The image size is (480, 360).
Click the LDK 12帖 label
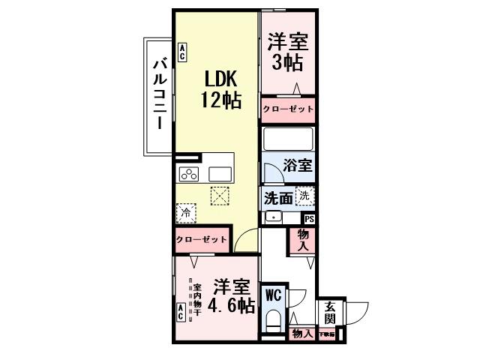[220, 88]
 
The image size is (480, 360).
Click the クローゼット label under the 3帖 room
[288, 109]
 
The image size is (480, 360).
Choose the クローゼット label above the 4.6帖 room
[201, 241]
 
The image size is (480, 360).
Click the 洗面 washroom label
[278, 199]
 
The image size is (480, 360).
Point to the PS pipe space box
[308, 218]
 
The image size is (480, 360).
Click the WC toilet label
[271, 295]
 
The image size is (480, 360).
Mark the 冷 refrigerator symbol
[186, 214]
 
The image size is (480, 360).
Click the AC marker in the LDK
[182, 52]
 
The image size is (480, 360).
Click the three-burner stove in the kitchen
[188, 174]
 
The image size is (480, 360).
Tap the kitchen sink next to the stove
[220, 174]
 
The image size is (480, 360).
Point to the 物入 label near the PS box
[304, 240]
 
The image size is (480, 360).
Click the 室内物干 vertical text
[196, 299]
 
